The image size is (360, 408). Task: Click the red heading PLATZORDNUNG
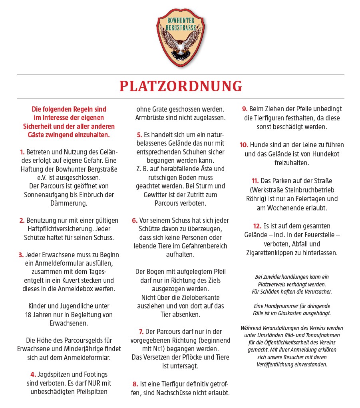pyautogui.click(x=181, y=86)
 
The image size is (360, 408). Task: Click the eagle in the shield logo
pyautogui.click(x=181, y=44)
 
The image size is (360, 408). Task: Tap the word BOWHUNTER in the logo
pyautogui.click(x=181, y=20)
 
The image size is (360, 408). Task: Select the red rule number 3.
pyautogui.click(x=21, y=255)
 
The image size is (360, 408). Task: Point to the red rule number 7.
pyautogui.click(x=141, y=332)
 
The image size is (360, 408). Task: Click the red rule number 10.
pyautogui.click(x=244, y=144)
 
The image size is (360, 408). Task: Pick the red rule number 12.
pyautogui.click(x=257, y=226)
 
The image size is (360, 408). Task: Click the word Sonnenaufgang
pyautogui.click(x=44, y=194)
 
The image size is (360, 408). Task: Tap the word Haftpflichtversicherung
pyautogui.click(x=55, y=229)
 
